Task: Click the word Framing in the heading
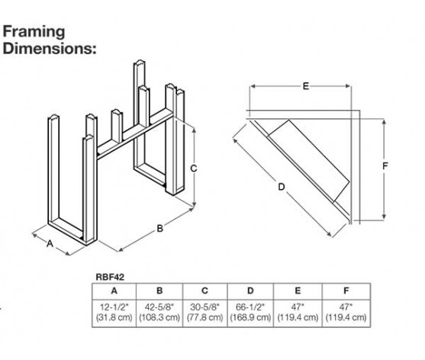(34, 33)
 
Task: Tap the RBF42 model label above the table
(110, 277)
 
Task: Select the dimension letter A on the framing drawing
(50, 243)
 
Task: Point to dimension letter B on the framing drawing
(160, 228)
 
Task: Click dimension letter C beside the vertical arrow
(193, 169)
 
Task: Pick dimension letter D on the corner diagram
(282, 187)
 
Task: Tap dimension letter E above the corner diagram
(306, 86)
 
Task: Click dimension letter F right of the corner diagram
(385, 166)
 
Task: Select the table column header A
(114, 291)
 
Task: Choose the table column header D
(250, 291)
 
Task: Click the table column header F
(346, 291)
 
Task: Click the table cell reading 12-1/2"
(114, 307)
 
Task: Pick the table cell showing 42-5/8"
(159, 307)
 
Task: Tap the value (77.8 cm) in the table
(205, 317)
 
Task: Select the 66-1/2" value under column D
(250, 307)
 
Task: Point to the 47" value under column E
(298, 307)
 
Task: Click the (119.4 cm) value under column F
(346, 317)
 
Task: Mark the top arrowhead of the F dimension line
(384, 121)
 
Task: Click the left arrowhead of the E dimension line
(252, 86)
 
